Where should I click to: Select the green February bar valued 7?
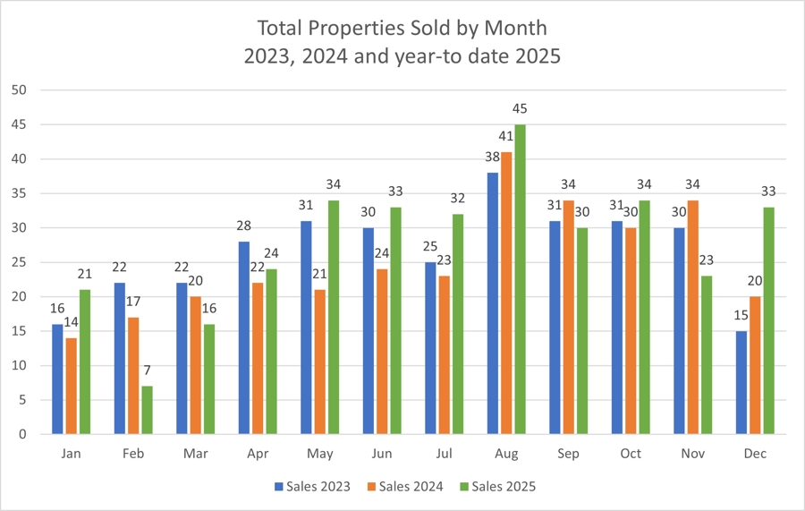click(147, 410)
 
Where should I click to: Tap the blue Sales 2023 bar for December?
click(740, 382)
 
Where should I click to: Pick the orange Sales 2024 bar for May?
click(320, 362)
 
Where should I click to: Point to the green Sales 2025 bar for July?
click(457, 324)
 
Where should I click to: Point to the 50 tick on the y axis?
click(21, 90)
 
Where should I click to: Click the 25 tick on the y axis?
click(21, 262)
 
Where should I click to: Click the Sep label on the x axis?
click(568, 455)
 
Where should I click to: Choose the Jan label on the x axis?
click(71, 455)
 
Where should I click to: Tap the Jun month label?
click(382, 455)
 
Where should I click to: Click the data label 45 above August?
click(520, 109)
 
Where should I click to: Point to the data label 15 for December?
click(740, 315)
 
